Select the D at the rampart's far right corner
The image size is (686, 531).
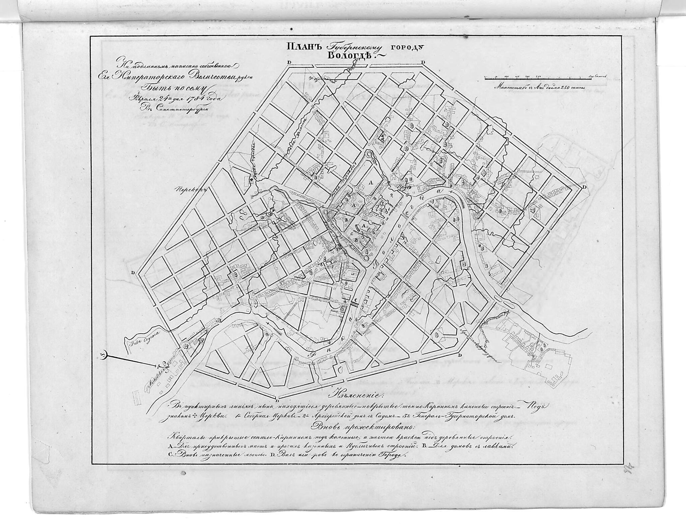click(x=584, y=187)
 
